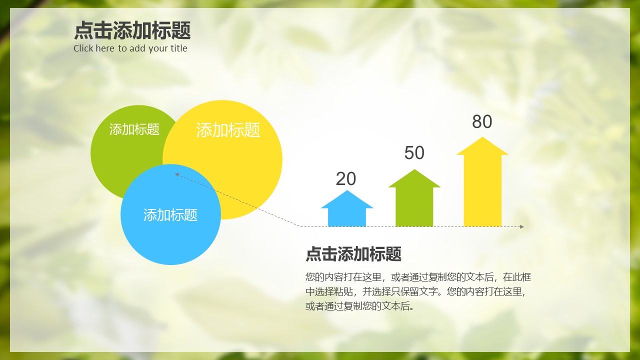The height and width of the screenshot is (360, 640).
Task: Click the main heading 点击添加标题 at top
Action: coord(132,30)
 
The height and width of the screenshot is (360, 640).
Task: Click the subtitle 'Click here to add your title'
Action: coord(130,48)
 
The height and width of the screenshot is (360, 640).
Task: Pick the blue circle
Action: coord(170,235)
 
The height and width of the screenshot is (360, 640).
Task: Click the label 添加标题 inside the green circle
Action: coord(134,129)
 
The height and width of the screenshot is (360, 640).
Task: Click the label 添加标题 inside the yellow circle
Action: coord(228,130)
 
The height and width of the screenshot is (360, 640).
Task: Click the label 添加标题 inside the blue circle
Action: coord(170,215)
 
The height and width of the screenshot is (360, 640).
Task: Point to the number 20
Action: coord(346,179)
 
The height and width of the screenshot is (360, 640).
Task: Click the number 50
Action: coord(414,153)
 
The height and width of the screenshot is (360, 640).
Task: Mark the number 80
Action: coord(482,122)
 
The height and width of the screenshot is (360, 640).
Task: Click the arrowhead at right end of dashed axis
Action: coord(521,227)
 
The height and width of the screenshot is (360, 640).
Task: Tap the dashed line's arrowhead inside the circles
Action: coord(177,174)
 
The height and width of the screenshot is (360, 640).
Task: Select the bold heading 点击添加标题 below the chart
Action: coord(353,254)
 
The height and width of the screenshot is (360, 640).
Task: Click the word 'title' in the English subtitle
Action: coord(178,48)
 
